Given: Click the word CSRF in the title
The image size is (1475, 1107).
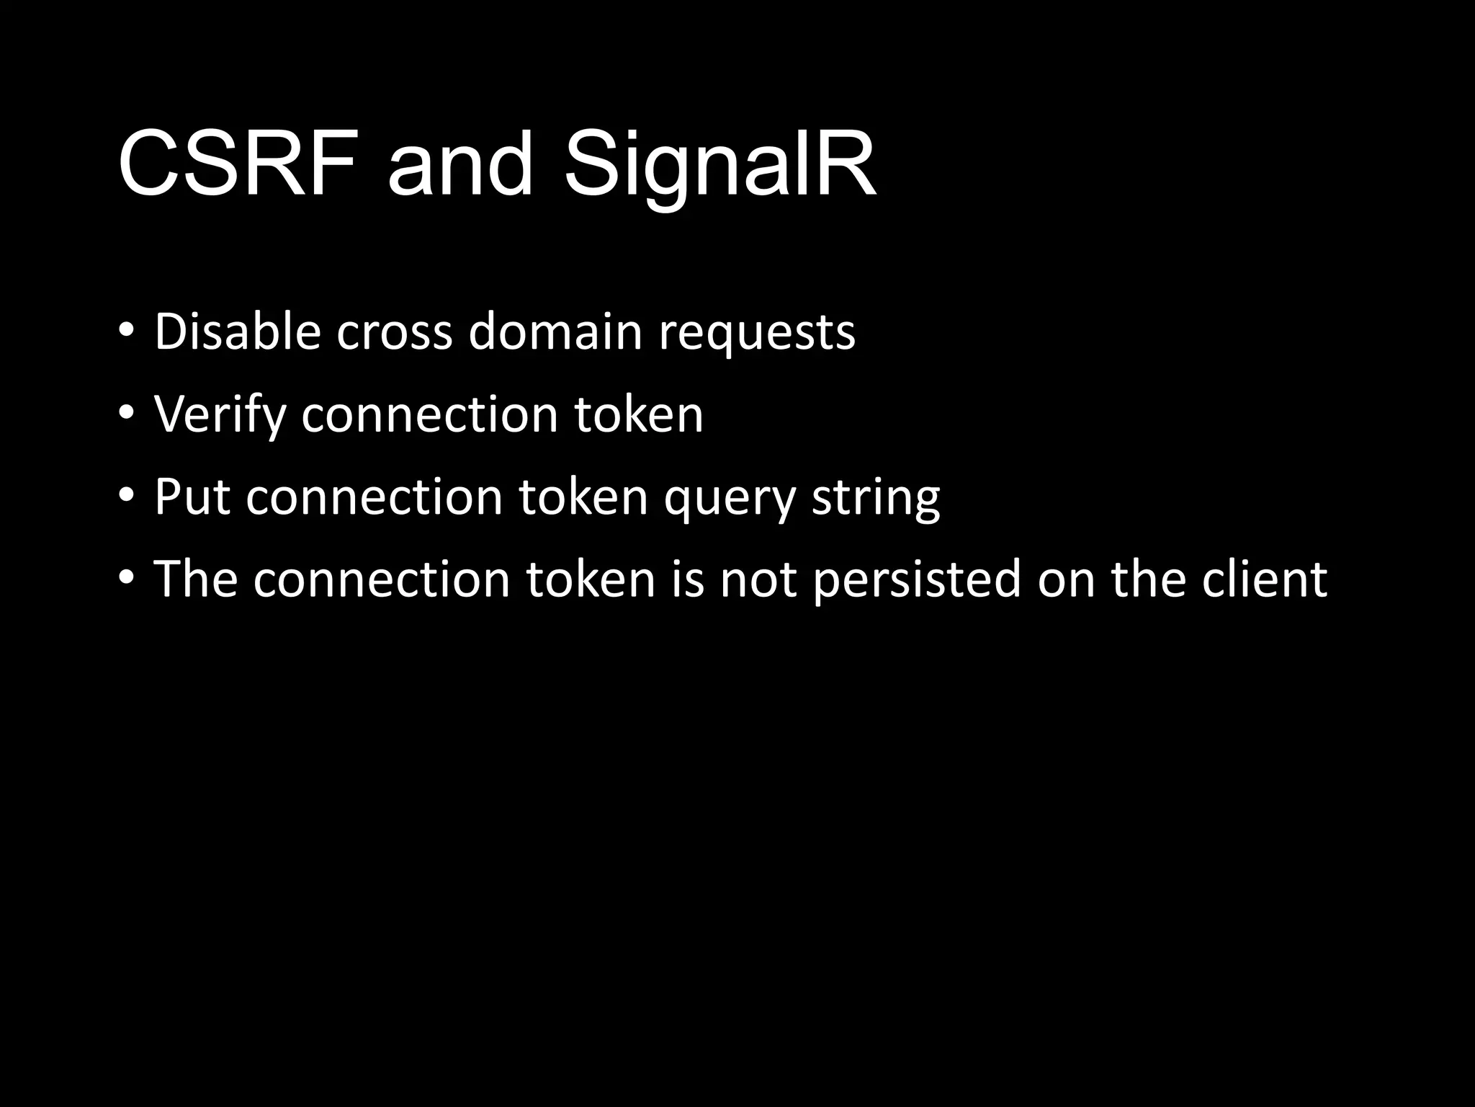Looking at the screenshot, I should pos(238,164).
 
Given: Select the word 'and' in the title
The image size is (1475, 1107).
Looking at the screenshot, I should pos(459,164).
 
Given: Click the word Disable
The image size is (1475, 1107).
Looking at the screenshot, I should pos(237,332).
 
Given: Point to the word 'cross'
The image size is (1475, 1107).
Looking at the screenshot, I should pos(394,332).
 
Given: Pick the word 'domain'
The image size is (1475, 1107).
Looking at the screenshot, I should pos(555,332).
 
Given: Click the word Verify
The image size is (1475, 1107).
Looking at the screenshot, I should pos(220,415).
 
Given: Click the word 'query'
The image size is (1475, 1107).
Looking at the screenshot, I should pos(729,499).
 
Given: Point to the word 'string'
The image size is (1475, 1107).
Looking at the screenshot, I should pos(876,499).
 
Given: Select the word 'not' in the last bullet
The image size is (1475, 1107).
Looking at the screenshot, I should pos(758,579).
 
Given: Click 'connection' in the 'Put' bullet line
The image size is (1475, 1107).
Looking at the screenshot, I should pos(374,497).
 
